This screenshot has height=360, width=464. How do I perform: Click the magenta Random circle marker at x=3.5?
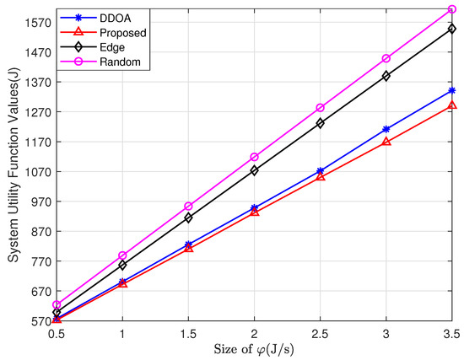452,9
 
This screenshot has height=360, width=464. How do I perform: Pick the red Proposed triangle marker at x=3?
386,142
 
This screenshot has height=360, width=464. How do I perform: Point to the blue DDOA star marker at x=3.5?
452,90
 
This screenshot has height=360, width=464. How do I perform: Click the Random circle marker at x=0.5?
57,305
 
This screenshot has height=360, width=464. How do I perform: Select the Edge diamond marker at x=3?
386,76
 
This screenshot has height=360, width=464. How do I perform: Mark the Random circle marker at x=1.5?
189,207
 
